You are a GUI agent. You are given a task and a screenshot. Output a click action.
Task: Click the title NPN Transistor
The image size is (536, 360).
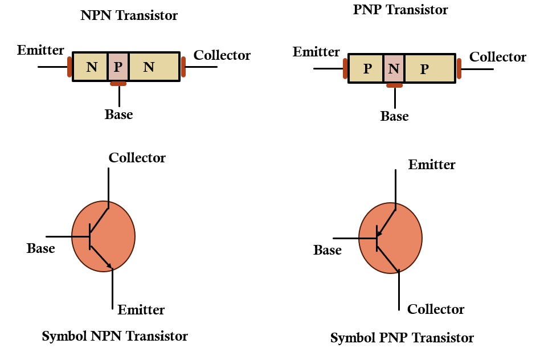click(x=129, y=15)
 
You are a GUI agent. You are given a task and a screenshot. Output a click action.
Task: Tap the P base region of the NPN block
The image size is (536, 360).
click(x=118, y=67)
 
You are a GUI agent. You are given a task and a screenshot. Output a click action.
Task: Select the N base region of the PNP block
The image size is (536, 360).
click(x=394, y=69)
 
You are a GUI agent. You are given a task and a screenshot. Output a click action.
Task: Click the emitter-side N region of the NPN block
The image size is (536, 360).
click(x=91, y=67)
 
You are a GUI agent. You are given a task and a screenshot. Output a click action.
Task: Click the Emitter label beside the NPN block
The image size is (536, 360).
click(x=41, y=50)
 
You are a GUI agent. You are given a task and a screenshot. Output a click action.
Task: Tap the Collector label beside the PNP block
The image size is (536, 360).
click(x=497, y=57)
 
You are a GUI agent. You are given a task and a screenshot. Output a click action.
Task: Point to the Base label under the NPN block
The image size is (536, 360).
click(x=118, y=114)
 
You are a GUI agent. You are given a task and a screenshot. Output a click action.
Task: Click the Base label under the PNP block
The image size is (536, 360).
click(x=394, y=116)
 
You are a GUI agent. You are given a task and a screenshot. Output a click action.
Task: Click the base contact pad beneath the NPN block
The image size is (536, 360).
click(x=118, y=84)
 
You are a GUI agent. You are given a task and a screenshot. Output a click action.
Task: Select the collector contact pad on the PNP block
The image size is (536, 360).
click(x=459, y=68)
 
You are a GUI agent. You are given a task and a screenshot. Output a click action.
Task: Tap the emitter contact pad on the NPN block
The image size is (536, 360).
click(x=69, y=67)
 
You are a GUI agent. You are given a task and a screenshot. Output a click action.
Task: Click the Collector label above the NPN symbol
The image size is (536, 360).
click(x=137, y=158)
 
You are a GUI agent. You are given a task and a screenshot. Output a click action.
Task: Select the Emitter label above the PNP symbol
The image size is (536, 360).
click(x=432, y=165)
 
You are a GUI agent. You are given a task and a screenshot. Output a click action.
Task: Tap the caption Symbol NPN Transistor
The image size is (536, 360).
click(x=114, y=336)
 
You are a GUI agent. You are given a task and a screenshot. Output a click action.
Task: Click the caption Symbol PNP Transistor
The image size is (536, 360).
click(x=402, y=338)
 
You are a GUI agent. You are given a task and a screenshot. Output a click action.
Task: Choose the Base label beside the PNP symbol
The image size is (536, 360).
click(x=328, y=250)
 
